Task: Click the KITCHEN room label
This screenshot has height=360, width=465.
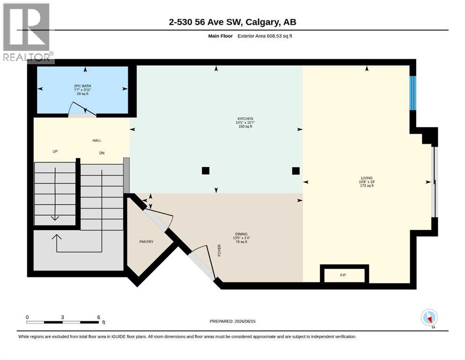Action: coord(245,119)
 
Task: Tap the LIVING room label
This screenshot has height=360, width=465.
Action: coord(367,178)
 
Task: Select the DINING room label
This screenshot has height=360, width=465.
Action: coord(241,234)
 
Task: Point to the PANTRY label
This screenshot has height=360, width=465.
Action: coord(146,241)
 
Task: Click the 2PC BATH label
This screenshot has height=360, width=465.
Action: coord(82,86)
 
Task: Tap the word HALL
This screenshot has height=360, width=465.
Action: coord(96,140)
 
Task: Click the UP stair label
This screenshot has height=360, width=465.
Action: coord(55,151)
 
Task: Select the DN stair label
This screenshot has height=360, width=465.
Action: coord(102,153)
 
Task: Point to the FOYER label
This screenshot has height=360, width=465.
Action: coord(220,250)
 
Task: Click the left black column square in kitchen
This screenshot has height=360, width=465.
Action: coord(206,171)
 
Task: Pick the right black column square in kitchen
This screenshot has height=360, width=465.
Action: coord(295,171)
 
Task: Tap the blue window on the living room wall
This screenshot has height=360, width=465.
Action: coord(413,93)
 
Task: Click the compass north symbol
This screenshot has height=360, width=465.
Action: coord(429,318)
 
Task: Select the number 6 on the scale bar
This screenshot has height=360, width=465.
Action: coord(98,317)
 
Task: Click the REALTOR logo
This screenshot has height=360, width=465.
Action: coord(27,33)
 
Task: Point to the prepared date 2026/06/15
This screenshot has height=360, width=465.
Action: coord(245,321)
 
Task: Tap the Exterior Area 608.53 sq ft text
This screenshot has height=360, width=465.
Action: coord(265,36)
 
